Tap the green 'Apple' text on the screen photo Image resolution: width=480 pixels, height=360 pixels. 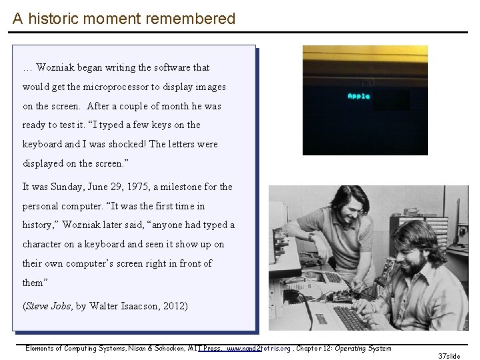[359, 96]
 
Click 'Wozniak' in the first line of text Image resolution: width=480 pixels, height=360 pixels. [56, 67]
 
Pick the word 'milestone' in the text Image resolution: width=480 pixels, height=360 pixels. [183, 187]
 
